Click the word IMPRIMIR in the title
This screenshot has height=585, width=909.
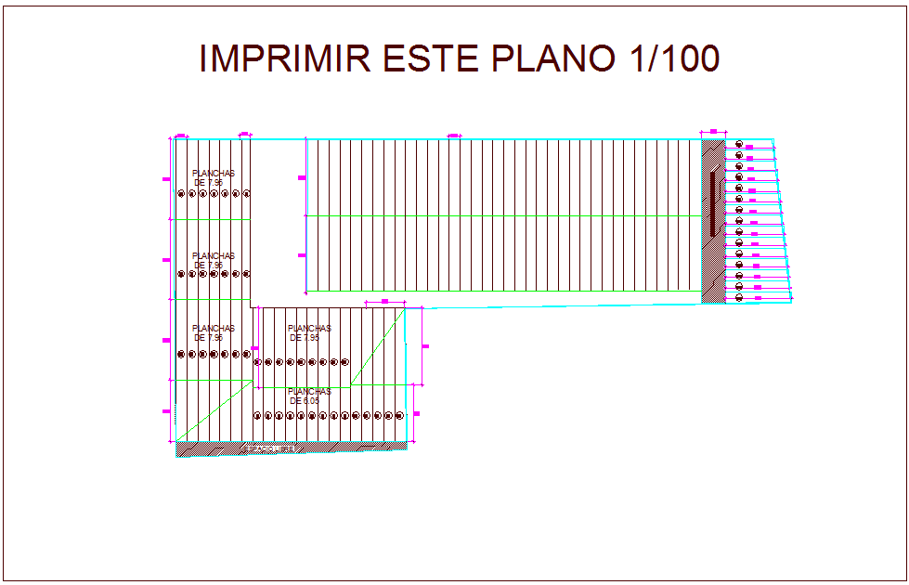[x=284, y=58]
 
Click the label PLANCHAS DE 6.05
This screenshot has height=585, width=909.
[x=309, y=396]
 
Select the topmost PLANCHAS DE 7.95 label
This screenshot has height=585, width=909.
[x=214, y=177]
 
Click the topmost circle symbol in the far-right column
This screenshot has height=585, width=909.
[x=739, y=144]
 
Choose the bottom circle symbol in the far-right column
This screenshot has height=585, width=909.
[x=739, y=297]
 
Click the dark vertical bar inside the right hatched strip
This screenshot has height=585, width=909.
[x=713, y=202]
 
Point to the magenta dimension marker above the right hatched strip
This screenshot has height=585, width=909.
[x=713, y=132]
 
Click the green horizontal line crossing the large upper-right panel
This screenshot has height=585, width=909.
[x=501, y=215]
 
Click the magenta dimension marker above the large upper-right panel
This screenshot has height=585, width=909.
[x=454, y=136]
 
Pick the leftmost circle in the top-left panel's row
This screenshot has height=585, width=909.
[x=180, y=193]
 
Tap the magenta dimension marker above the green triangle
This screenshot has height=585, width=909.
[x=384, y=302]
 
